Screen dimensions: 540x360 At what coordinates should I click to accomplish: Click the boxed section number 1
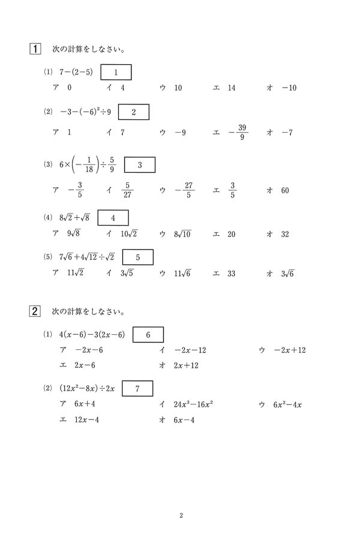(x=35, y=49)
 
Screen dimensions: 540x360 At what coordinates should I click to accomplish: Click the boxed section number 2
(x=35, y=311)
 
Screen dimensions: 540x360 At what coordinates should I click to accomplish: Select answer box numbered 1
(x=116, y=73)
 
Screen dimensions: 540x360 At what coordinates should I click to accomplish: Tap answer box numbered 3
(x=139, y=165)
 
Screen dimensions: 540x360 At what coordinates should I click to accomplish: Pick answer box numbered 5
(x=137, y=257)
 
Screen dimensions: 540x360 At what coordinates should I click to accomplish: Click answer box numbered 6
(x=148, y=335)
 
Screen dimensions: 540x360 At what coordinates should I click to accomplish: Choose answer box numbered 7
(x=137, y=389)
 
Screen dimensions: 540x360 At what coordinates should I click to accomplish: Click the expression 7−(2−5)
(x=76, y=73)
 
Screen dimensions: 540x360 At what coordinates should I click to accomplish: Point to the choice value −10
(x=289, y=88)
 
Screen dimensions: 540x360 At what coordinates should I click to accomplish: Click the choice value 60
(x=284, y=191)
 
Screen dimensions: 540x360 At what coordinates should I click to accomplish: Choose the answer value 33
(x=232, y=274)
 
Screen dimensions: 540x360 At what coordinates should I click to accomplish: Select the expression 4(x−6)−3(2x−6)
(x=92, y=335)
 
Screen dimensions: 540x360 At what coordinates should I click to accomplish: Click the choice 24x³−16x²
(x=195, y=405)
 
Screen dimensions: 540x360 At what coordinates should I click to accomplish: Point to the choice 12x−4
(x=86, y=420)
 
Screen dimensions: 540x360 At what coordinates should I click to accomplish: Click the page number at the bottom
(x=181, y=515)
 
